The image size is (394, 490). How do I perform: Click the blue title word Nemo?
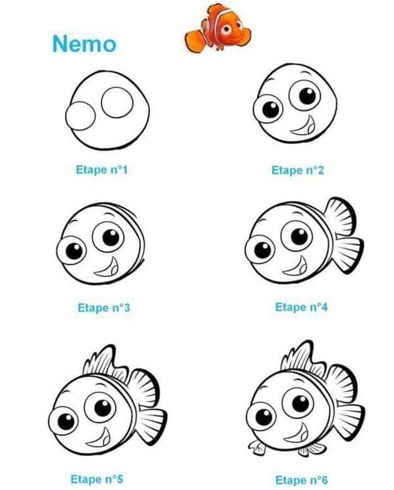(84, 43)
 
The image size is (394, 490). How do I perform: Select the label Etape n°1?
(102, 169)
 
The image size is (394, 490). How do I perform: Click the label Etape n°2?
(297, 169)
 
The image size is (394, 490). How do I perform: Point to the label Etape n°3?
(104, 307)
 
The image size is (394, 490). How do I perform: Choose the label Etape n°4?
(301, 307)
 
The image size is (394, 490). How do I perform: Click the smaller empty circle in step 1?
(80, 116)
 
